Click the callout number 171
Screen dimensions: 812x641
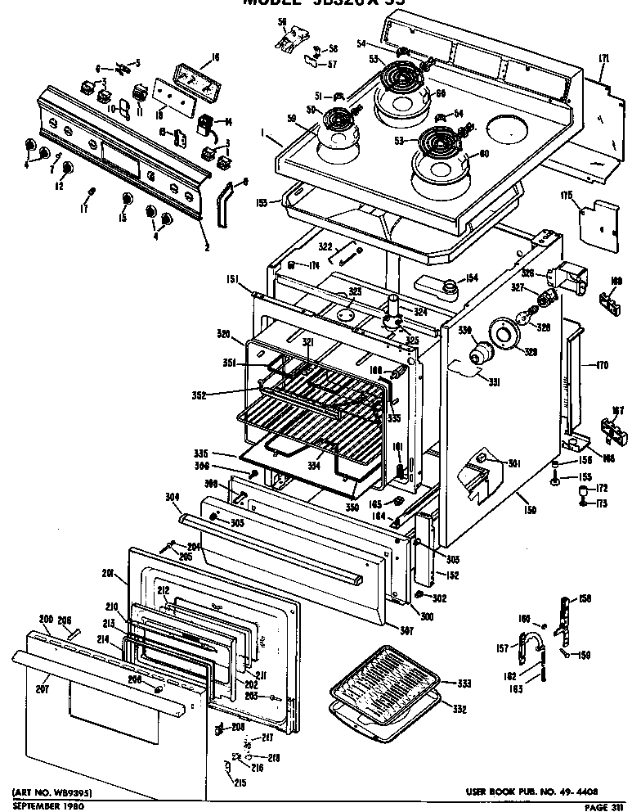604,58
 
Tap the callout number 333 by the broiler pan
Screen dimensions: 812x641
464,683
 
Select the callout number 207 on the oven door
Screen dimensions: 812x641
43,689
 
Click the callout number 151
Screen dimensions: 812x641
232,281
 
